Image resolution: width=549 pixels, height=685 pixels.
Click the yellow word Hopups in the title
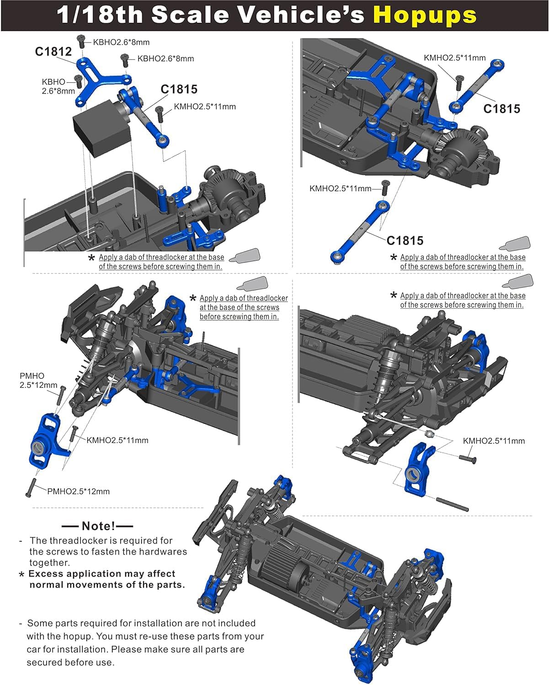click(x=425, y=15)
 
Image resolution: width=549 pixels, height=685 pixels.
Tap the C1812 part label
click(x=53, y=52)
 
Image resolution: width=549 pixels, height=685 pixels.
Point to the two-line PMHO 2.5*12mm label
click(x=38, y=380)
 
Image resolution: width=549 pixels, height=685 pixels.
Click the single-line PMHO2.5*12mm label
click(x=78, y=492)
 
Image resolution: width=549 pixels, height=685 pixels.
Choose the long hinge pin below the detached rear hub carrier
click(x=452, y=504)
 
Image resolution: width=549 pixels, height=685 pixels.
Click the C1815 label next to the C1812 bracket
click(x=179, y=89)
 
